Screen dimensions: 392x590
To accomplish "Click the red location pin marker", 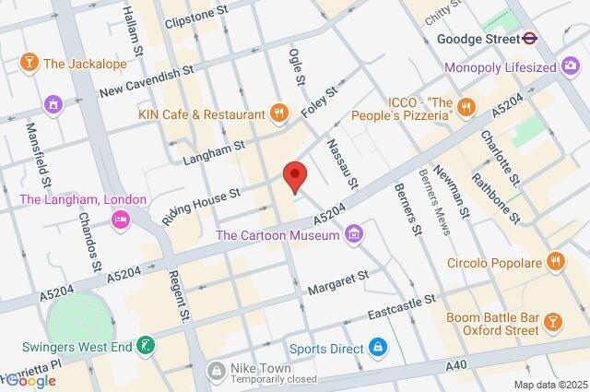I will pyautogui.click(x=294, y=175).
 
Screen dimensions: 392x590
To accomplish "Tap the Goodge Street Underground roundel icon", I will pyautogui.click(x=529, y=39).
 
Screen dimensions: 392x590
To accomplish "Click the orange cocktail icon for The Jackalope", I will pyautogui.click(x=29, y=63).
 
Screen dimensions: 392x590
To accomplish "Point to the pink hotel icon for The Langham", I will pyautogui.click(x=120, y=219).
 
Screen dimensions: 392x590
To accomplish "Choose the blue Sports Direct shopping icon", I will pyautogui.click(x=376, y=348).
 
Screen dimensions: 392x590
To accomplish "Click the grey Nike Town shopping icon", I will pyautogui.click(x=216, y=371).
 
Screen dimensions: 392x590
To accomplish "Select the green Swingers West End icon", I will pyautogui.click(x=145, y=346).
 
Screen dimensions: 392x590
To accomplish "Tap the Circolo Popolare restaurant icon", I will pyautogui.click(x=555, y=260).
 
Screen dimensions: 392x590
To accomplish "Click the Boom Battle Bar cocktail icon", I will pyautogui.click(x=551, y=321).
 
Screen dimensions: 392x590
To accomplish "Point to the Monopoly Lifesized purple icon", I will pyautogui.click(x=570, y=67).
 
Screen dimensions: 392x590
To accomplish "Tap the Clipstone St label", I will pyautogui.click(x=195, y=18).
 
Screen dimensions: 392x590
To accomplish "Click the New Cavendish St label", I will pyautogui.click(x=146, y=80).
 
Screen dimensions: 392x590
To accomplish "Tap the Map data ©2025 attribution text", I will pyautogui.click(x=549, y=385).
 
